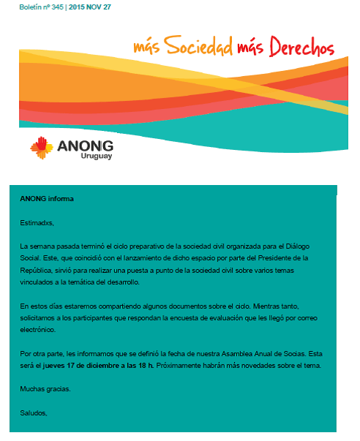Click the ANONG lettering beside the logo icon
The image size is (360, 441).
(87, 143)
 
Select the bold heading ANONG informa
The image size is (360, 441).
(47, 199)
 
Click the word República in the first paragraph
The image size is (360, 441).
(37, 270)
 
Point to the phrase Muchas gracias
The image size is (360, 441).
(45, 389)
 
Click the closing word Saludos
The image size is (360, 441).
(34, 412)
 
